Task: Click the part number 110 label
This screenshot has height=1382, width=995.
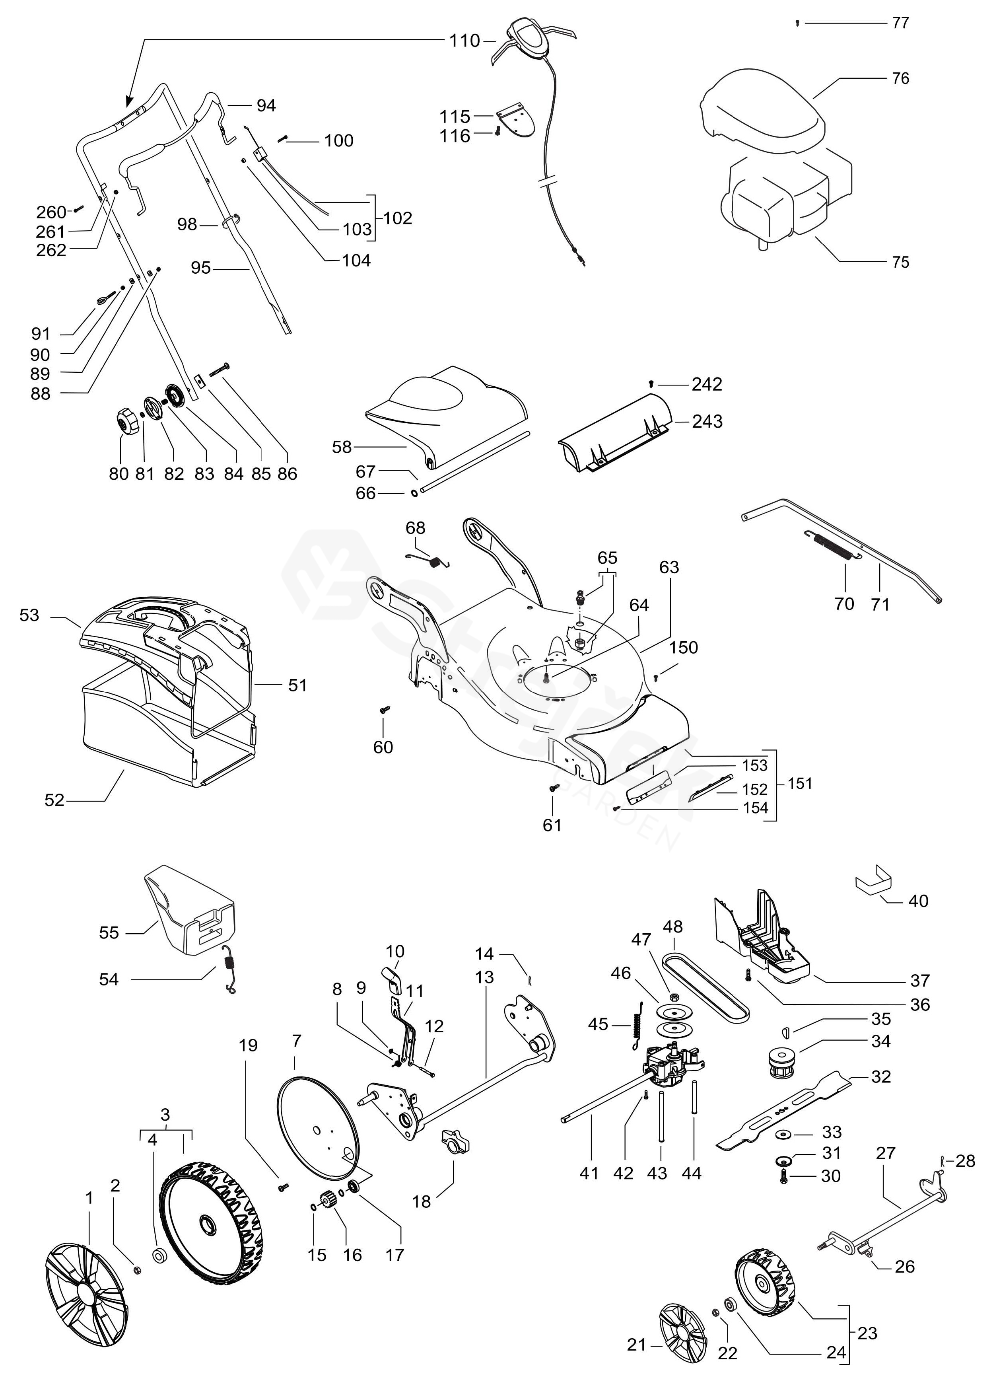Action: click(x=465, y=41)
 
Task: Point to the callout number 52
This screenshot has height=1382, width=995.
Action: click(x=54, y=800)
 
